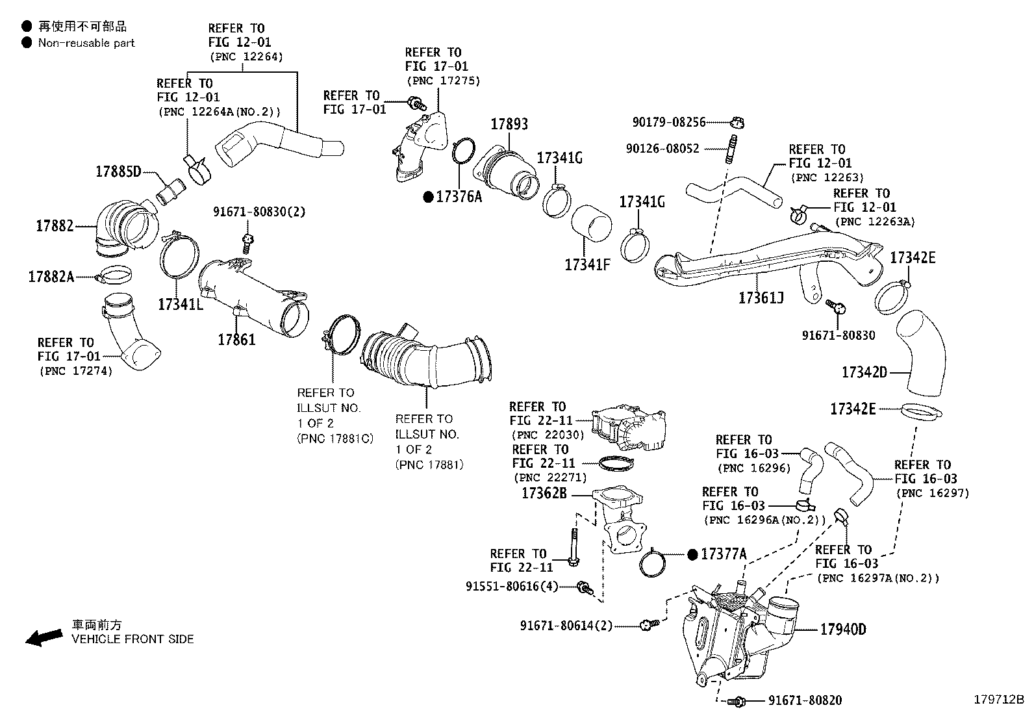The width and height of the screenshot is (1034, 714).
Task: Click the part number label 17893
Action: (509, 124)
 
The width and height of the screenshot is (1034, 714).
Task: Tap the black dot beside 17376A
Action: (428, 197)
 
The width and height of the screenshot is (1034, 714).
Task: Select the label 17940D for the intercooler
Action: (842, 630)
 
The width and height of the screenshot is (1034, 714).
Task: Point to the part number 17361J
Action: (761, 298)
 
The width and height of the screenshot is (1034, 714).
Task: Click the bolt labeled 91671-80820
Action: (737, 701)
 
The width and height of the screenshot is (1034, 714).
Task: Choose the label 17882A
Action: (51, 277)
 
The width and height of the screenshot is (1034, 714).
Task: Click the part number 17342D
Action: (864, 372)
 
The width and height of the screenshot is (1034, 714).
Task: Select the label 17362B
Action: (544, 494)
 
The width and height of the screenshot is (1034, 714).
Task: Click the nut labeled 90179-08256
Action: (737, 121)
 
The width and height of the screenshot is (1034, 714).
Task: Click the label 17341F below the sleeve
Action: (587, 264)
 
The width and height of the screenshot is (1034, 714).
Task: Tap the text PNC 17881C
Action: (334, 439)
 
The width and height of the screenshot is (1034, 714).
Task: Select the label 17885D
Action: (118, 172)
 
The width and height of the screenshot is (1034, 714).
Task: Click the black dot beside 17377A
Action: (692, 554)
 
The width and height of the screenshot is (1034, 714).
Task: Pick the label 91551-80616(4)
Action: (512, 586)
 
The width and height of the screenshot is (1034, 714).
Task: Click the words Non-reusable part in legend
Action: (86, 44)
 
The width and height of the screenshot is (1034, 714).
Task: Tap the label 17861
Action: (236, 339)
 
